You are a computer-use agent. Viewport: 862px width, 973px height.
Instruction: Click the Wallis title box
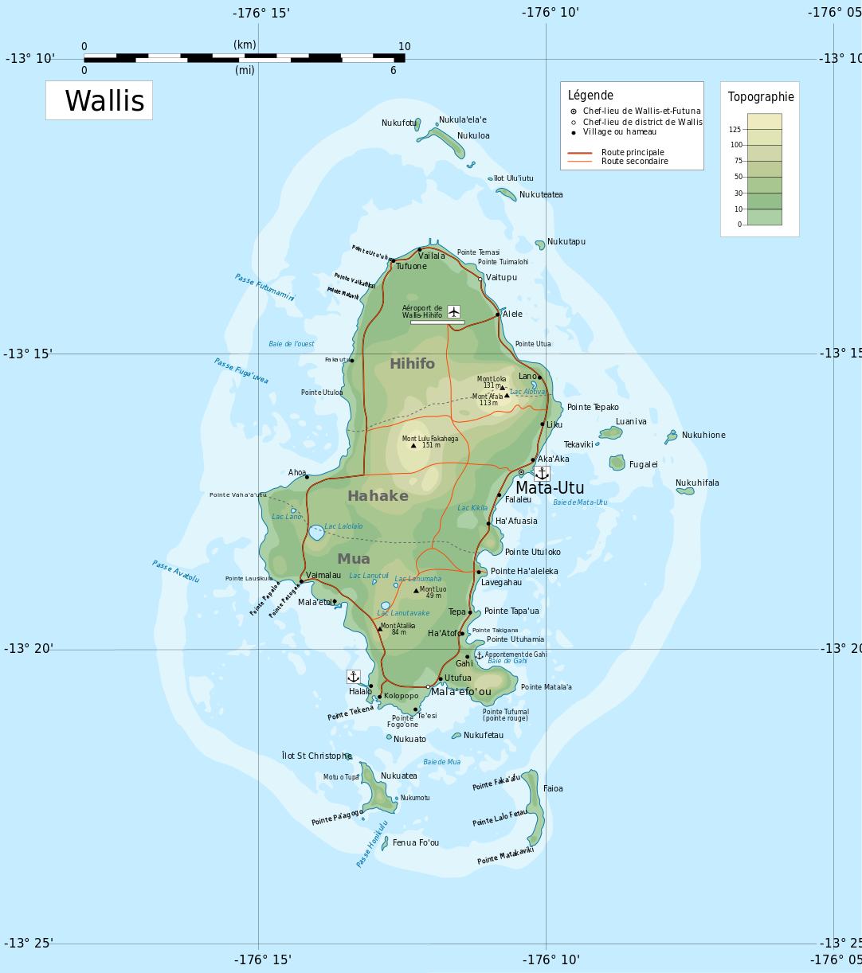[100, 101]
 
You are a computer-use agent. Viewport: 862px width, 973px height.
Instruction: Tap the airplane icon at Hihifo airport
[453, 311]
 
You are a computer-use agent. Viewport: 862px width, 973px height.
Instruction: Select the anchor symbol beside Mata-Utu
[542, 473]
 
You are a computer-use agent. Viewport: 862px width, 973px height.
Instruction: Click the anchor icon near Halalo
[353, 676]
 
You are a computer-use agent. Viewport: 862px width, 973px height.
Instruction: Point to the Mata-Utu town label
[550, 488]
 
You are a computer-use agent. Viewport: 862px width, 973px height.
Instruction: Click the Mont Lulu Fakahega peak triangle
[413, 445]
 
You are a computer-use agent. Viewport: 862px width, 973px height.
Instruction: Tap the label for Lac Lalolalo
[343, 526]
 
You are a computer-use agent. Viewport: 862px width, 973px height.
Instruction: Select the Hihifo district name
[412, 364]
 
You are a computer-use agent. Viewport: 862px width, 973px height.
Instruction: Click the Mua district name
[353, 559]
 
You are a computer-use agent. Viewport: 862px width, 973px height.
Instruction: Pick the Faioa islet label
[553, 789]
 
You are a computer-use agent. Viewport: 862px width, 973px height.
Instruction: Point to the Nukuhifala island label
[697, 483]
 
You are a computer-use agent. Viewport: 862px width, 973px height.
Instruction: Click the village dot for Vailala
[420, 249]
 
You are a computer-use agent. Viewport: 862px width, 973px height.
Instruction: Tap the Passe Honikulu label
[372, 843]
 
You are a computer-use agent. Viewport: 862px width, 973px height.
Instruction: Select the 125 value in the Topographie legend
[735, 130]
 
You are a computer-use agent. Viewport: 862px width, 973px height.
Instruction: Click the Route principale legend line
[579, 152]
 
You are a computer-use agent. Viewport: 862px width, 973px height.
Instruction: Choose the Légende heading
[590, 96]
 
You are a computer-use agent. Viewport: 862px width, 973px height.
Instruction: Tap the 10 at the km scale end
[404, 47]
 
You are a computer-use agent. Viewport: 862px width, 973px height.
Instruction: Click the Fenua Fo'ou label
[415, 843]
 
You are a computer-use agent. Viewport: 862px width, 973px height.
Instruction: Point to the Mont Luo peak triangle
[416, 590]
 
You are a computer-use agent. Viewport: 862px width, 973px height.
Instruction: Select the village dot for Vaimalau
[301, 581]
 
